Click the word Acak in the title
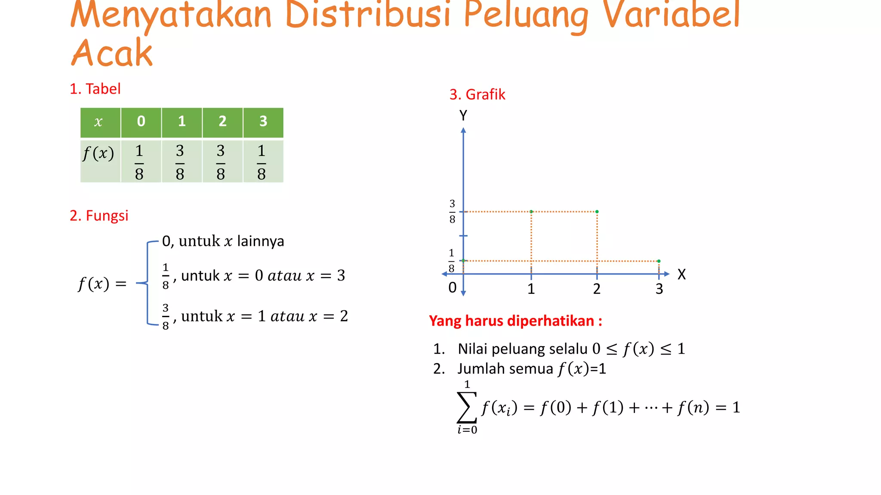pos(112,53)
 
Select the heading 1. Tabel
pos(95,89)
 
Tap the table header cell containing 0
pos(141,122)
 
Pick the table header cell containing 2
pos(222,122)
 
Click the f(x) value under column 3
pos(262,162)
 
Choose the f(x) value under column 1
pos(180,162)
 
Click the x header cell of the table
pos(99,122)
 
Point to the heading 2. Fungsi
pos(99,216)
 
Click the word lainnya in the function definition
pos(261,241)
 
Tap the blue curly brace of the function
pos(146,283)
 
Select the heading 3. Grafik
pos(477,95)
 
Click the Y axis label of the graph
pos(463,116)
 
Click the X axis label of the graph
pos(681,274)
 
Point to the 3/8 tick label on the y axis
pos(452,211)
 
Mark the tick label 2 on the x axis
pos(597,289)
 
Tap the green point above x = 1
pos(531,212)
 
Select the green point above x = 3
pos(659,261)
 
